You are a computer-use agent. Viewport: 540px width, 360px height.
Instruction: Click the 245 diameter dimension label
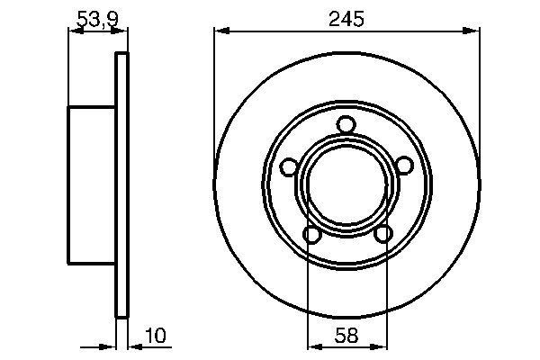pos(346,19)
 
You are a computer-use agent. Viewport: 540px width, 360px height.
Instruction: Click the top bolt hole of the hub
pos(346,125)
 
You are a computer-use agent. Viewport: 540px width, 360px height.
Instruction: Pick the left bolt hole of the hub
pos(288,166)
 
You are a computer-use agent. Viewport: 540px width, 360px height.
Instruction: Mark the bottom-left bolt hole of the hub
pos(311,235)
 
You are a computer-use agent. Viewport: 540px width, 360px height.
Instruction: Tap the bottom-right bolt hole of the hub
pos(382,235)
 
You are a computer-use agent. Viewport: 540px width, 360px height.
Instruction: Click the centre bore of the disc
pos(346,185)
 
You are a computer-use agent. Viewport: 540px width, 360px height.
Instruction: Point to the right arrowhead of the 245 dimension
pos(473,31)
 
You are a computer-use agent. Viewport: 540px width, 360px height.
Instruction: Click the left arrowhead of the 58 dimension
pos(313,346)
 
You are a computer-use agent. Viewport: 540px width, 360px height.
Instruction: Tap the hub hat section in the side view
pos(92,184)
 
